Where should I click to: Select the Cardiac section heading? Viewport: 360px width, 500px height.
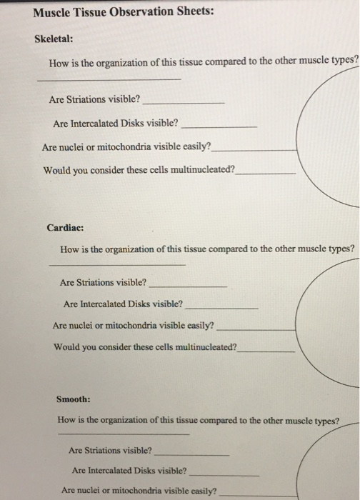(x=65, y=228)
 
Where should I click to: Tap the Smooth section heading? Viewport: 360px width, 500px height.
(x=74, y=399)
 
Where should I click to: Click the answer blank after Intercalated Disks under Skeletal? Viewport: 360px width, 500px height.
(x=219, y=126)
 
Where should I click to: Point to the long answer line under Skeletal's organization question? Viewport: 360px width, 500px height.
(x=109, y=79)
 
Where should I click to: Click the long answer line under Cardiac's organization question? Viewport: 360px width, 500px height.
(x=116, y=265)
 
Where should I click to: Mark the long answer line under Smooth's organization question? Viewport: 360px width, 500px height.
(x=123, y=434)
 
